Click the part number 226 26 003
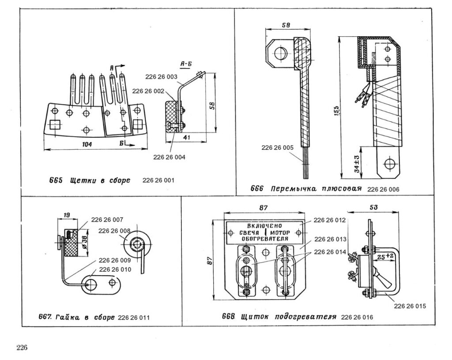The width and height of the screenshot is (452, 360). [x=160, y=77]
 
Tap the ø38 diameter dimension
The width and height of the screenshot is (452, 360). [x=83, y=238]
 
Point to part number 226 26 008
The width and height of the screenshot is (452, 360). [x=114, y=231]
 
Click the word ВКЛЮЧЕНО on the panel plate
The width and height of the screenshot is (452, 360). [x=264, y=225]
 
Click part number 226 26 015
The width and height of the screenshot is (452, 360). [x=410, y=305]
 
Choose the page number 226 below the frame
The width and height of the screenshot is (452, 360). [x=22, y=347]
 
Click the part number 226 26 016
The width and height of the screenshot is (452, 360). [x=357, y=317]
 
